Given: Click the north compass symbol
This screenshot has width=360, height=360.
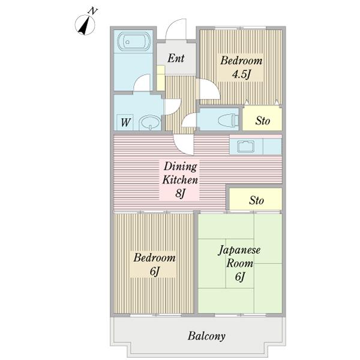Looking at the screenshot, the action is pyautogui.click(x=85, y=25).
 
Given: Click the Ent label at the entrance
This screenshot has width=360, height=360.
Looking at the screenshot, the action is pyautogui.click(x=176, y=58).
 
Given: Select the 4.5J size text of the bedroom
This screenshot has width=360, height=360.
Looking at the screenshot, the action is pyautogui.click(x=241, y=74).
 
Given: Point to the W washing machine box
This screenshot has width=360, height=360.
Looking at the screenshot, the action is pyautogui.click(x=125, y=122).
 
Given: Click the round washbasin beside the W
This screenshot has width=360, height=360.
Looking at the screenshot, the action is pyautogui.click(x=151, y=122).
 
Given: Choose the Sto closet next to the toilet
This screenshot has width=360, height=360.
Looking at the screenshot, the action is pyautogui.click(x=262, y=119).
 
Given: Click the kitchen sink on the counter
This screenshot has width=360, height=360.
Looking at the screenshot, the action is pyautogui.click(x=246, y=147).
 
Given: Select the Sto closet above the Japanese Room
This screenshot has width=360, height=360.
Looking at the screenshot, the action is pyautogui.click(x=256, y=199).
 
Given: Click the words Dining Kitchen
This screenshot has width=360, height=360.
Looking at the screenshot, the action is pyautogui.click(x=180, y=173).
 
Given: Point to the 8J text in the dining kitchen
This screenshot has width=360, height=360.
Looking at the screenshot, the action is pyautogui.click(x=180, y=193).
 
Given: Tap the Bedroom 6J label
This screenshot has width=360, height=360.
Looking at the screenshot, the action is pyautogui.click(x=155, y=264).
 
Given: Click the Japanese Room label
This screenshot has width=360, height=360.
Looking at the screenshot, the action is pyautogui.click(x=239, y=256).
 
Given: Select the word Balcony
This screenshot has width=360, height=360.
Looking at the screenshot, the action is pyautogui.click(x=206, y=337).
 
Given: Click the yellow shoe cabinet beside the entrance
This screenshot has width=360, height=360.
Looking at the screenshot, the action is pyautogui.click(x=161, y=78).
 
